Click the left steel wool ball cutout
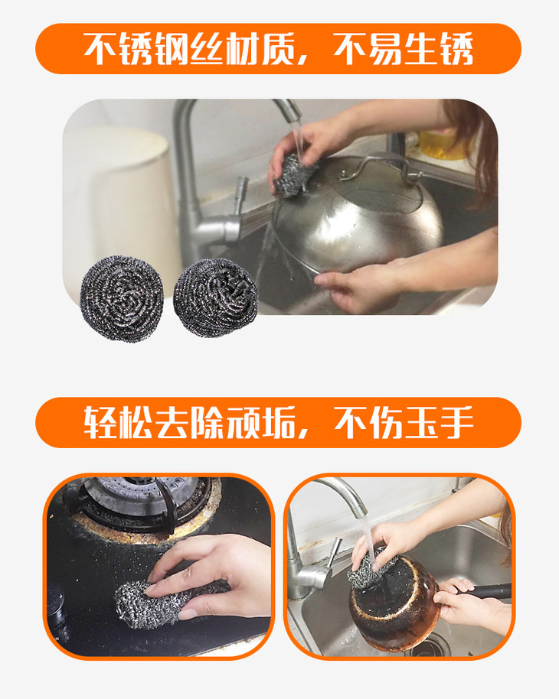(x=122, y=298)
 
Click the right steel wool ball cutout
(x=216, y=297)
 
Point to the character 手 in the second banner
(x=456, y=422)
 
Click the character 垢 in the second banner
(x=278, y=422)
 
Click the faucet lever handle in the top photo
(x=240, y=195)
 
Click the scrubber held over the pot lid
(x=293, y=175)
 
